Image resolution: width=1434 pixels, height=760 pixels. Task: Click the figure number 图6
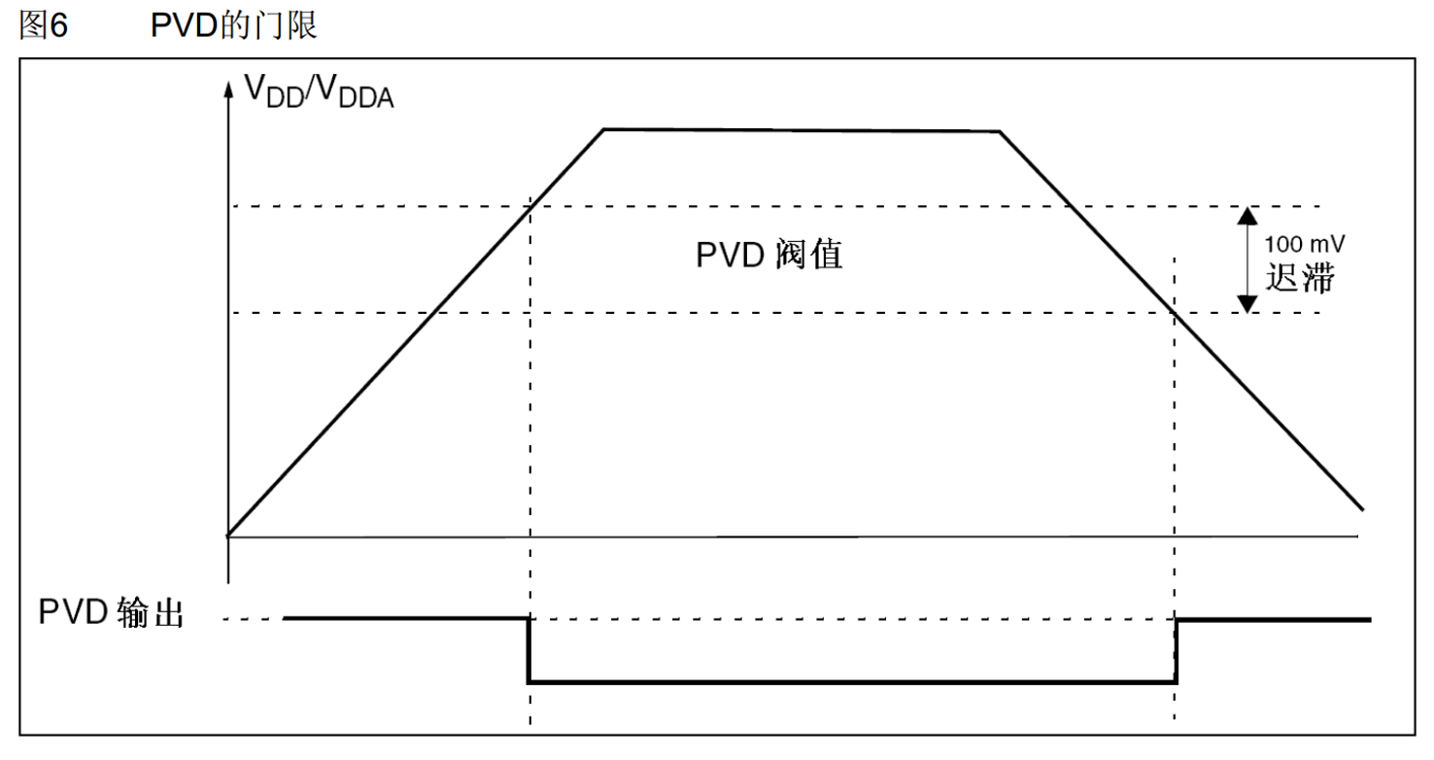point(43,25)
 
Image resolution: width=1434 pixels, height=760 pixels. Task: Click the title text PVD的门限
point(234,25)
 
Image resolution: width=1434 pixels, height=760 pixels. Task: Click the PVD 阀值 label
point(768,255)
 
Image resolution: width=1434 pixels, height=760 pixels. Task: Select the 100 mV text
point(1304,244)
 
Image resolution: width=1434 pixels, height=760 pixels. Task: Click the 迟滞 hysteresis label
point(1300,278)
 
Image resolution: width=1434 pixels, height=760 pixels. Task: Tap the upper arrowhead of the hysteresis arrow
point(1247,216)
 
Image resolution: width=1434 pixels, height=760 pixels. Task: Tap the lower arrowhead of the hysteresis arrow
point(1247,304)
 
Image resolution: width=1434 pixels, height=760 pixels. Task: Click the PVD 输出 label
point(112,612)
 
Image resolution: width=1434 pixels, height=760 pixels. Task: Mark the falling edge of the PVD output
point(529,650)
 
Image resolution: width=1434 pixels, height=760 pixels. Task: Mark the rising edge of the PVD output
point(1176,650)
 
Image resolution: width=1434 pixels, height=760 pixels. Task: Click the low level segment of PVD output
point(852,682)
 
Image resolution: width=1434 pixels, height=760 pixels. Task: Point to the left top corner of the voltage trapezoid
point(603,130)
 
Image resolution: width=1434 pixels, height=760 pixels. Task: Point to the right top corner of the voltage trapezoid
point(1000,132)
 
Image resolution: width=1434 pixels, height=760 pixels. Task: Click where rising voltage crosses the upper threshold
point(530,206)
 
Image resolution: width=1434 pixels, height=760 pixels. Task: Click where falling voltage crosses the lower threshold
point(1174,312)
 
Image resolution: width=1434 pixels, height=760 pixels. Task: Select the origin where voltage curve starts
point(228,535)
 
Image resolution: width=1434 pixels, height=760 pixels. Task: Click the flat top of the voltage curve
point(802,130)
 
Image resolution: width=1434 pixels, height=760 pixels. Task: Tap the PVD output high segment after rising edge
point(1274,620)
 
